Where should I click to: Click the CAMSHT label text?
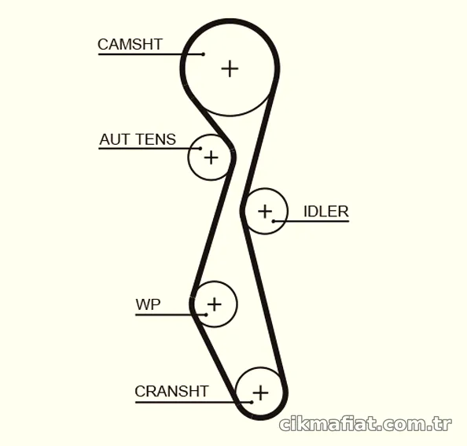click(130, 44)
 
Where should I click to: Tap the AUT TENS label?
click(138, 139)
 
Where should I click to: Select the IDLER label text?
click(325, 212)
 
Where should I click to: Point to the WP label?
click(148, 304)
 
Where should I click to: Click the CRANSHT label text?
click(171, 391)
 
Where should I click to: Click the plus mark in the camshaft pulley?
click(230, 68)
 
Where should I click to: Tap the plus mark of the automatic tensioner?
click(211, 157)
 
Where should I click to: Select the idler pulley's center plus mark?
click(265, 212)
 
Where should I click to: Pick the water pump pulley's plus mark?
click(214, 304)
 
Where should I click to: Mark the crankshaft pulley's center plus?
click(260, 393)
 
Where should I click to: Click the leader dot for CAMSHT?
click(203, 54)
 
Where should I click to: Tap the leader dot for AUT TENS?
click(200, 149)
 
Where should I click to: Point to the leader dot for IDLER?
click(274, 221)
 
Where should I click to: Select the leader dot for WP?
click(206, 315)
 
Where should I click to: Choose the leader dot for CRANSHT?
click(252, 402)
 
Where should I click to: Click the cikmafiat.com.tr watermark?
click(366, 424)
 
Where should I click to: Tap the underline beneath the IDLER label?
click(311, 221)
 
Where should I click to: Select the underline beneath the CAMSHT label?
click(151, 54)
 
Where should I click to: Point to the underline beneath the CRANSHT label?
click(193, 402)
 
